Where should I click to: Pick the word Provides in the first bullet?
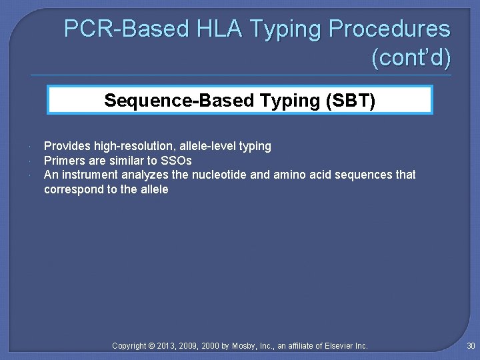(65, 146)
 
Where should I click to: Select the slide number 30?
(471, 345)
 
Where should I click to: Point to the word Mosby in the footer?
(247, 346)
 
